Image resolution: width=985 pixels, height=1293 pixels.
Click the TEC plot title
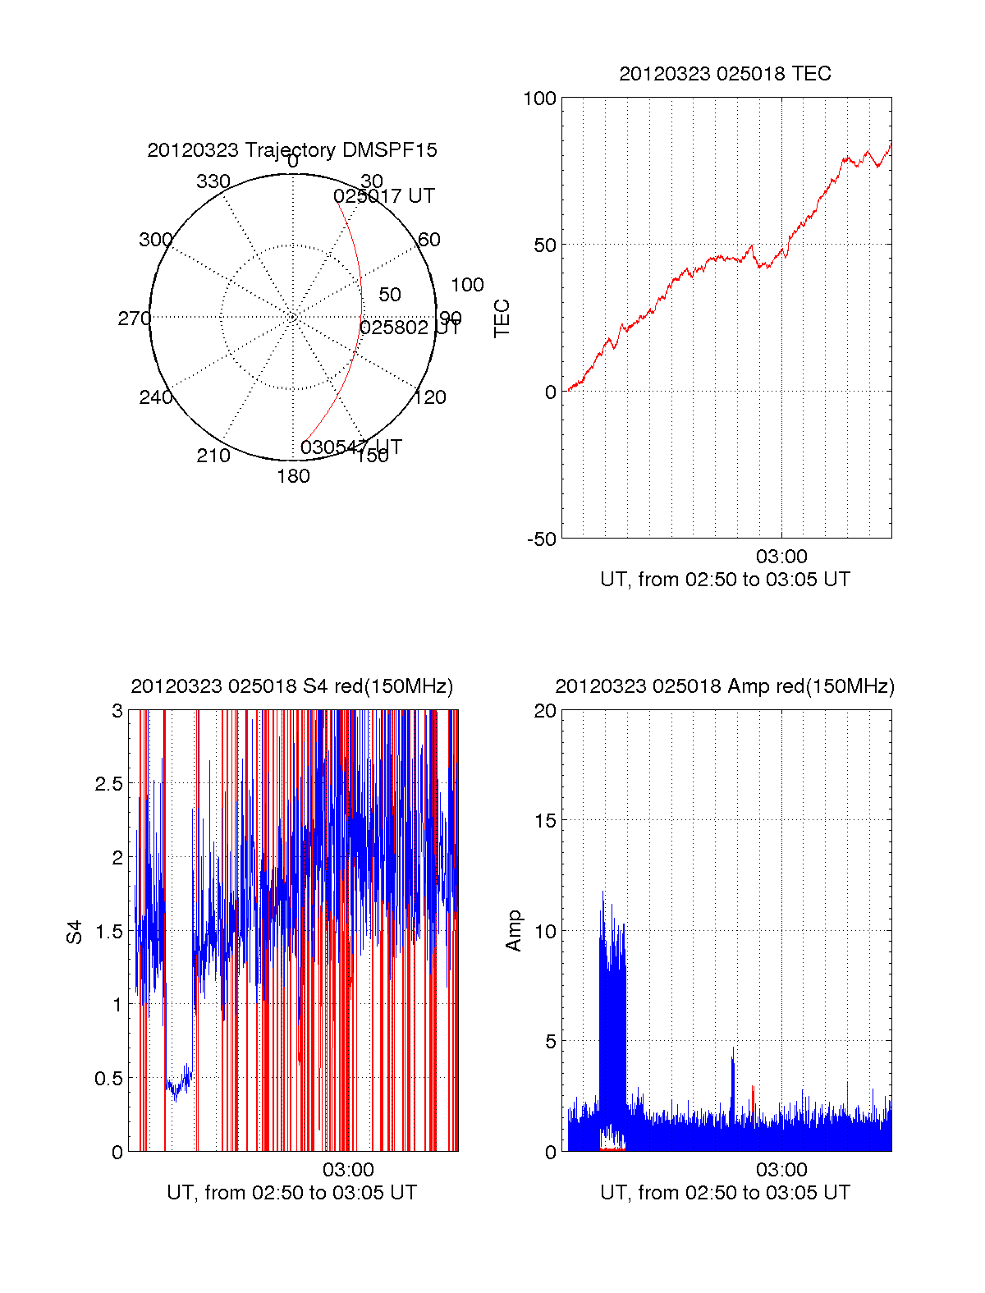point(725,74)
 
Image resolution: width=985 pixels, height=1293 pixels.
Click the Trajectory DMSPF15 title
point(292,150)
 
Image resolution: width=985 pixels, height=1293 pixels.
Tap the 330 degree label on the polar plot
point(213,181)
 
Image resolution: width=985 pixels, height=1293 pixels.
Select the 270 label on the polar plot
point(134,319)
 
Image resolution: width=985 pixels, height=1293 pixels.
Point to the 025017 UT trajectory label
point(384,196)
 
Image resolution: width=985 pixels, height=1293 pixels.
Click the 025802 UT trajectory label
point(410,328)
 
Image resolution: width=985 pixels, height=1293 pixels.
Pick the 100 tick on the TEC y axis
point(539,99)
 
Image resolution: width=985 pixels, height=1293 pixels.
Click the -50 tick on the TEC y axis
point(541,539)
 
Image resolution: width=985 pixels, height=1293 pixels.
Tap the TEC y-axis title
point(502,319)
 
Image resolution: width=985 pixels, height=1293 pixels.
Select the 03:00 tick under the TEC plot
point(781,557)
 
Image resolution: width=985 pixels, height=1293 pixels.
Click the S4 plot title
point(292,686)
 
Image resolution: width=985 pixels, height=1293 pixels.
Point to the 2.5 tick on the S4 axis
point(108,784)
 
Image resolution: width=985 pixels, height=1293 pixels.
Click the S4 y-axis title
point(75,932)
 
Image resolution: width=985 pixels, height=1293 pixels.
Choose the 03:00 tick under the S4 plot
point(348,1170)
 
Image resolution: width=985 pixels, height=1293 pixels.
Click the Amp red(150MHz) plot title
point(725,686)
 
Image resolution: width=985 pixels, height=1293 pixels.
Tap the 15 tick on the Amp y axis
point(545,821)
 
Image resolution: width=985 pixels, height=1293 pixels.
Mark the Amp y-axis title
point(514,931)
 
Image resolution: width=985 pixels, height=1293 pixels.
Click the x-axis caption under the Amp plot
point(725,1193)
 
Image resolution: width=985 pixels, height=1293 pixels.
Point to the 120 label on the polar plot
point(430,398)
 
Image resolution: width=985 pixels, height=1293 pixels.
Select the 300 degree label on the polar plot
point(156,240)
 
